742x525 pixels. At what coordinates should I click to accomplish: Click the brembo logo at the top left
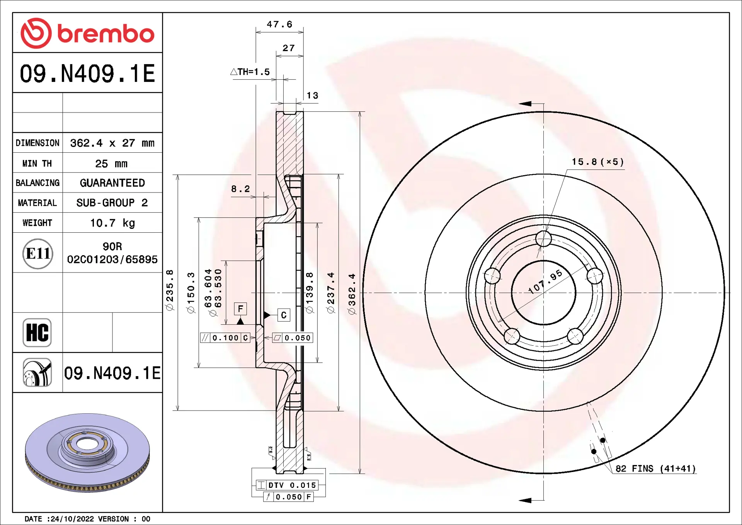[87, 33]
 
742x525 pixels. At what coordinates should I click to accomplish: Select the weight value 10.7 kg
[112, 223]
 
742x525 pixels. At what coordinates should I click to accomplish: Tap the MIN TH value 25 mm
[111, 164]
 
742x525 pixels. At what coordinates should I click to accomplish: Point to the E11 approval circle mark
[37, 254]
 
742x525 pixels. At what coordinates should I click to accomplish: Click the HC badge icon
[37, 332]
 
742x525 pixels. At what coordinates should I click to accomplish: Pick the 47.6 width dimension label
[279, 24]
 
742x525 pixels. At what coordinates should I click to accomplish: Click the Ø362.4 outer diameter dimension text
[352, 294]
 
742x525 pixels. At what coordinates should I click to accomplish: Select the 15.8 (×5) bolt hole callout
[597, 162]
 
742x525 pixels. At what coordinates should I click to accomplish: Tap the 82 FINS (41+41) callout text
[655, 469]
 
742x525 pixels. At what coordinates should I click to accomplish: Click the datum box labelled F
[240, 309]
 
